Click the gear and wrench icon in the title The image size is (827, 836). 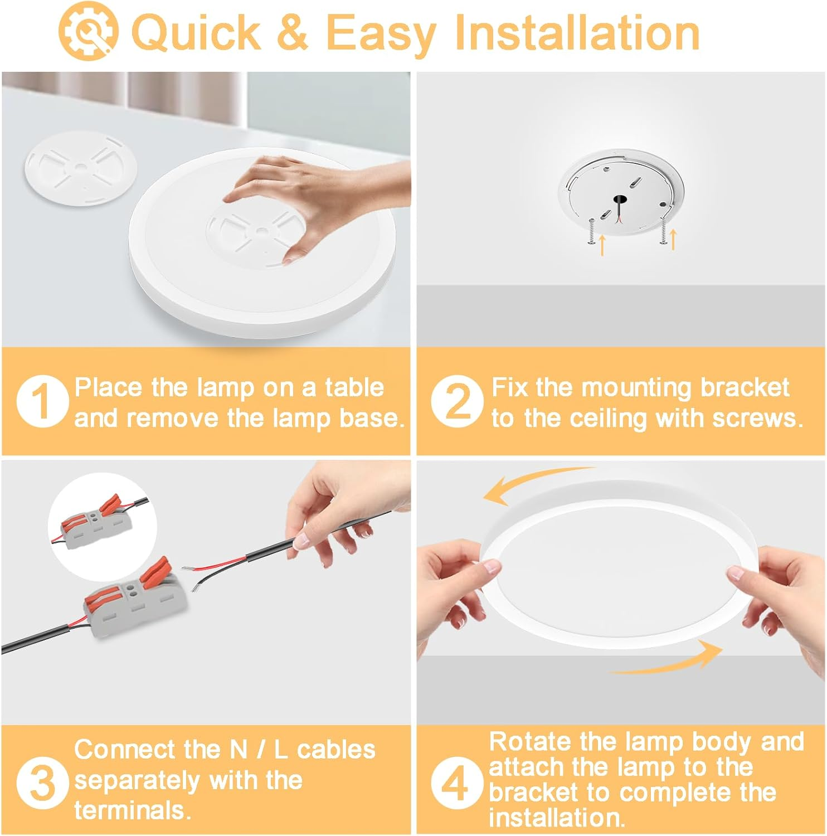tap(88, 31)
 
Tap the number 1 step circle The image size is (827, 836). tap(42, 401)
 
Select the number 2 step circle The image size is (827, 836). tap(457, 401)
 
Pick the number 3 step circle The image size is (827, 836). tap(42, 783)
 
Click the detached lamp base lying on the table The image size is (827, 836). tap(81, 168)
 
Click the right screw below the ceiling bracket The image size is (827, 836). tap(663, 230)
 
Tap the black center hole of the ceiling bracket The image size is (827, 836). tap(618, 199)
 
